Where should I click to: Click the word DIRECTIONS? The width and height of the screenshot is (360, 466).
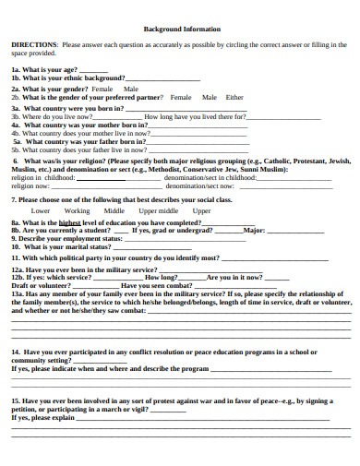pos(32,44)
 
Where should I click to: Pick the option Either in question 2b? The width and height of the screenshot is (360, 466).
pos(234,96)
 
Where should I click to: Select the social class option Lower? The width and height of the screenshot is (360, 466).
pos(41,210)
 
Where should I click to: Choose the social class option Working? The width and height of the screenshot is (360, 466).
pos(77,210)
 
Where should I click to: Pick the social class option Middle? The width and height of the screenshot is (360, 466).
pos(114,210)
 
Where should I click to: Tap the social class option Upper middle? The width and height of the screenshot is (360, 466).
pos(158,210)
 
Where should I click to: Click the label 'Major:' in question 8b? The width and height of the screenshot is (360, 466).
pos(254,231)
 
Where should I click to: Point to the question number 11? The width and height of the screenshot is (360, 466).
pos(16,258)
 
